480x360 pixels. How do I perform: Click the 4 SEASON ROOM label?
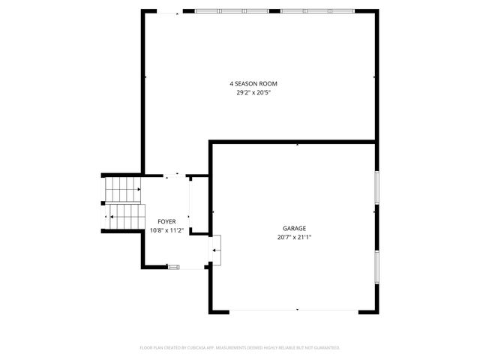click(x=258, y=83)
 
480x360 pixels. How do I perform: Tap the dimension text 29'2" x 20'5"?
click(x=258, y=92)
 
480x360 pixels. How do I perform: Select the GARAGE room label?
click(x=294, y=228)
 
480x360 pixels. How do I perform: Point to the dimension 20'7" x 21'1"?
click(x=294, y=237)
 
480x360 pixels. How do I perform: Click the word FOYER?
click(x=166, y=221)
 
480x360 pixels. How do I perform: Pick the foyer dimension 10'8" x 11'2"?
click(x=166, y=230)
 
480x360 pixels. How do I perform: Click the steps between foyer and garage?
click(x=216, y=249)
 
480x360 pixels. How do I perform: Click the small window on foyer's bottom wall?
click(x=174, y=266)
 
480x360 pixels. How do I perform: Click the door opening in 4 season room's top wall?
click(x=168, y=11)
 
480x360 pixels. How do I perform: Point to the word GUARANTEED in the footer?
click(x=325, y=348)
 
